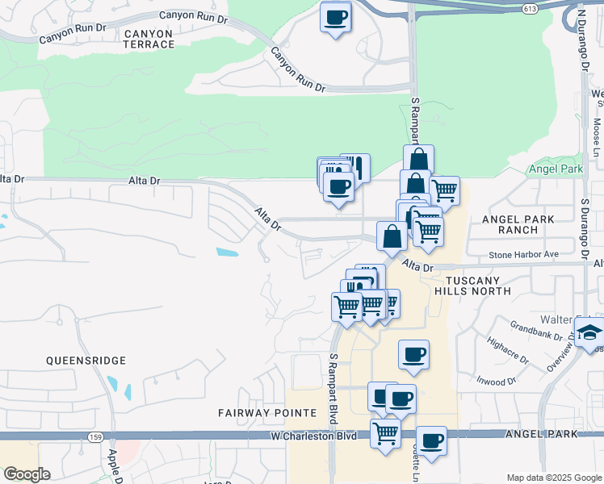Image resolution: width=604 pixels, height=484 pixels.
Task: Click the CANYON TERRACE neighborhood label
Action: point(149,39)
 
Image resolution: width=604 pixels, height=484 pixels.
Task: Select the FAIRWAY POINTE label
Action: point(267,412)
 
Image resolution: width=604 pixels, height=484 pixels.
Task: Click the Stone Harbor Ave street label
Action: point(523,255)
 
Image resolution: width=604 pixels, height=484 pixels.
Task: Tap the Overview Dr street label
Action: point(560,356)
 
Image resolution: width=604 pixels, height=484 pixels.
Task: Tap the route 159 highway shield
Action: point(94,436)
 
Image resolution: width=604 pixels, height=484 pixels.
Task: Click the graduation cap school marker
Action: point(589,332)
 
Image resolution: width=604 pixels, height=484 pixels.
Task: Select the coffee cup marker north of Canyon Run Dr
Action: point(335,16)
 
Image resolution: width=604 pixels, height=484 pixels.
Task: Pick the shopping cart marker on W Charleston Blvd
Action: point(385,432)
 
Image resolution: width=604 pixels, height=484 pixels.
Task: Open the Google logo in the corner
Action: point(27,474)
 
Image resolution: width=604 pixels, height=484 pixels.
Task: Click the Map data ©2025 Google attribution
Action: point(553,478)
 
